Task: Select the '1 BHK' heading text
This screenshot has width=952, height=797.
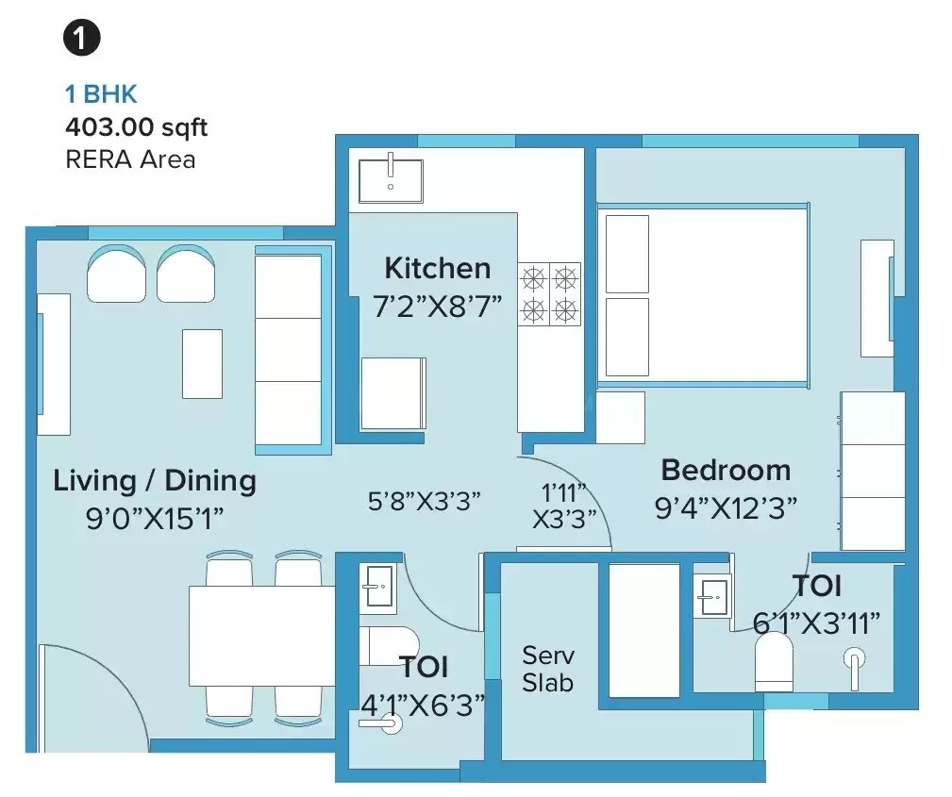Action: click(x=101, y=93)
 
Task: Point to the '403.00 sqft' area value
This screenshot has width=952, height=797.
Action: click(x=136, y=126)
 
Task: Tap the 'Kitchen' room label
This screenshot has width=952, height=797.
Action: click(x=437, y=268)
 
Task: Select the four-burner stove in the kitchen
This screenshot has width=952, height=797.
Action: click(x=549, y=293)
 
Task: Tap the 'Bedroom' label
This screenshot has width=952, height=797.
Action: click(x=725, y=470)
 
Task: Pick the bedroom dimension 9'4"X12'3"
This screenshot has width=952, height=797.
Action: click(x=726, y=507)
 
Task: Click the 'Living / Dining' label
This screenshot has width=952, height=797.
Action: click(x=155, y=480)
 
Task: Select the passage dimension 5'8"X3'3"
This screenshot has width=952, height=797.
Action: click(x=425, y=501)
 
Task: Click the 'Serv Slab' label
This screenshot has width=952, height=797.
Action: click(x=548, y=668)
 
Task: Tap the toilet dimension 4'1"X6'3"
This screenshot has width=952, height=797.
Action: click(x=423, y=704)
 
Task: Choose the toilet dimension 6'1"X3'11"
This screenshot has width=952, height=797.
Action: click(x=816, y=622)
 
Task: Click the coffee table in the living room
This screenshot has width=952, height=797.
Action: click(x=202, y=350)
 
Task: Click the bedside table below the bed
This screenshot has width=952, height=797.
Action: click(x=620, y=417)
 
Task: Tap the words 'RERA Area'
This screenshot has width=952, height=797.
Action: click(x=130, y=158)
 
